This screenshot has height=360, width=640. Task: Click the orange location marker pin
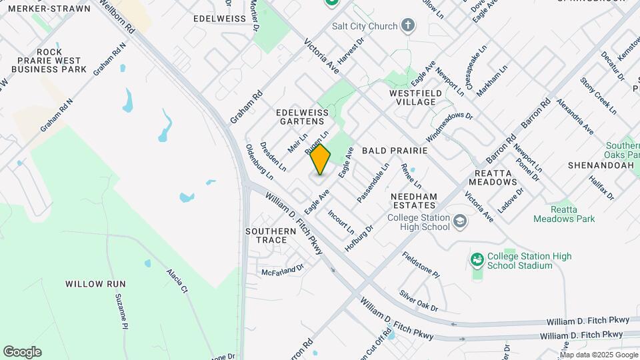pyautogui.click(x=321, y=159)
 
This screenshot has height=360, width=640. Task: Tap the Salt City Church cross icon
pyautogui.click(x=408, y=26)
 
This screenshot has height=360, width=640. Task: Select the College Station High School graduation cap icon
pyautogui.click(x=459, y=221)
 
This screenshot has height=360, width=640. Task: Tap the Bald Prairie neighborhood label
pyautogui.click(x=394, y=151)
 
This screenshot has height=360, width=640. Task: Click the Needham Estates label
pyautogui.click(x=413, y=201)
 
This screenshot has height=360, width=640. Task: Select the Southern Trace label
pyautogui.click(x=271, y=236)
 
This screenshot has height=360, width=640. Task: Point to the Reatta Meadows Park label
pyautogui.click(x=564, y=214)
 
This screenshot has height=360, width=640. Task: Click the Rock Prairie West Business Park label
pyautogui.click(x=49, y=61)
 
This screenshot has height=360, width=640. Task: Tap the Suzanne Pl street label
pyautogui.click(x=121, y=311)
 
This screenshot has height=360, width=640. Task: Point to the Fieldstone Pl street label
pyautogui.click(x=421, y=265)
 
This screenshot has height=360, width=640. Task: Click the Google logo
pyautogui.click(x=22, y=352)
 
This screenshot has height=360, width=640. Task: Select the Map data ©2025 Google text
pyautogui.click(x=598, y=355)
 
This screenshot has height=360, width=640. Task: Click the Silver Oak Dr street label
pyautogui.click(x=419, y=300)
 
